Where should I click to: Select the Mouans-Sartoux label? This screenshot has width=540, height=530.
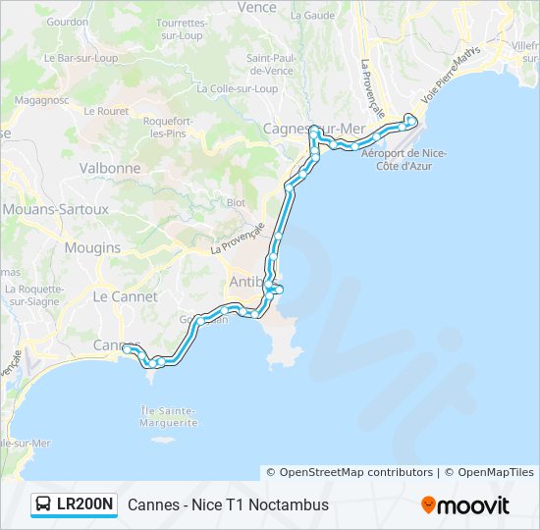tap(54, 209)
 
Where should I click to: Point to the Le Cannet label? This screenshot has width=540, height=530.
tap(125, 296)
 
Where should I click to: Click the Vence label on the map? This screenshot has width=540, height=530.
tap(257, 7)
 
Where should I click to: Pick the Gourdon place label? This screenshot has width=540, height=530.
tap(67, 21)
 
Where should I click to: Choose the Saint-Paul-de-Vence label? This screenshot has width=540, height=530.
tap(270, 64)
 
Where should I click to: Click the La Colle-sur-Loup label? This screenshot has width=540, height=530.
tap(237, 87)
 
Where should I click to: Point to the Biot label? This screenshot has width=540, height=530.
tap(236, 203)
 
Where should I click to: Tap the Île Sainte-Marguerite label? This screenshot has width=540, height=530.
tap(169, 416)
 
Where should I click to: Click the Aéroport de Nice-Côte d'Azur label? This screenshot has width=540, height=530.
tap(404, 159)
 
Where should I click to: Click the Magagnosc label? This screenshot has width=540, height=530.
tap(42, 99)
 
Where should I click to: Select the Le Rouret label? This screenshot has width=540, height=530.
tap(106, 111)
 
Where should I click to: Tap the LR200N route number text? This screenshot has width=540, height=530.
tap(85, 505)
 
